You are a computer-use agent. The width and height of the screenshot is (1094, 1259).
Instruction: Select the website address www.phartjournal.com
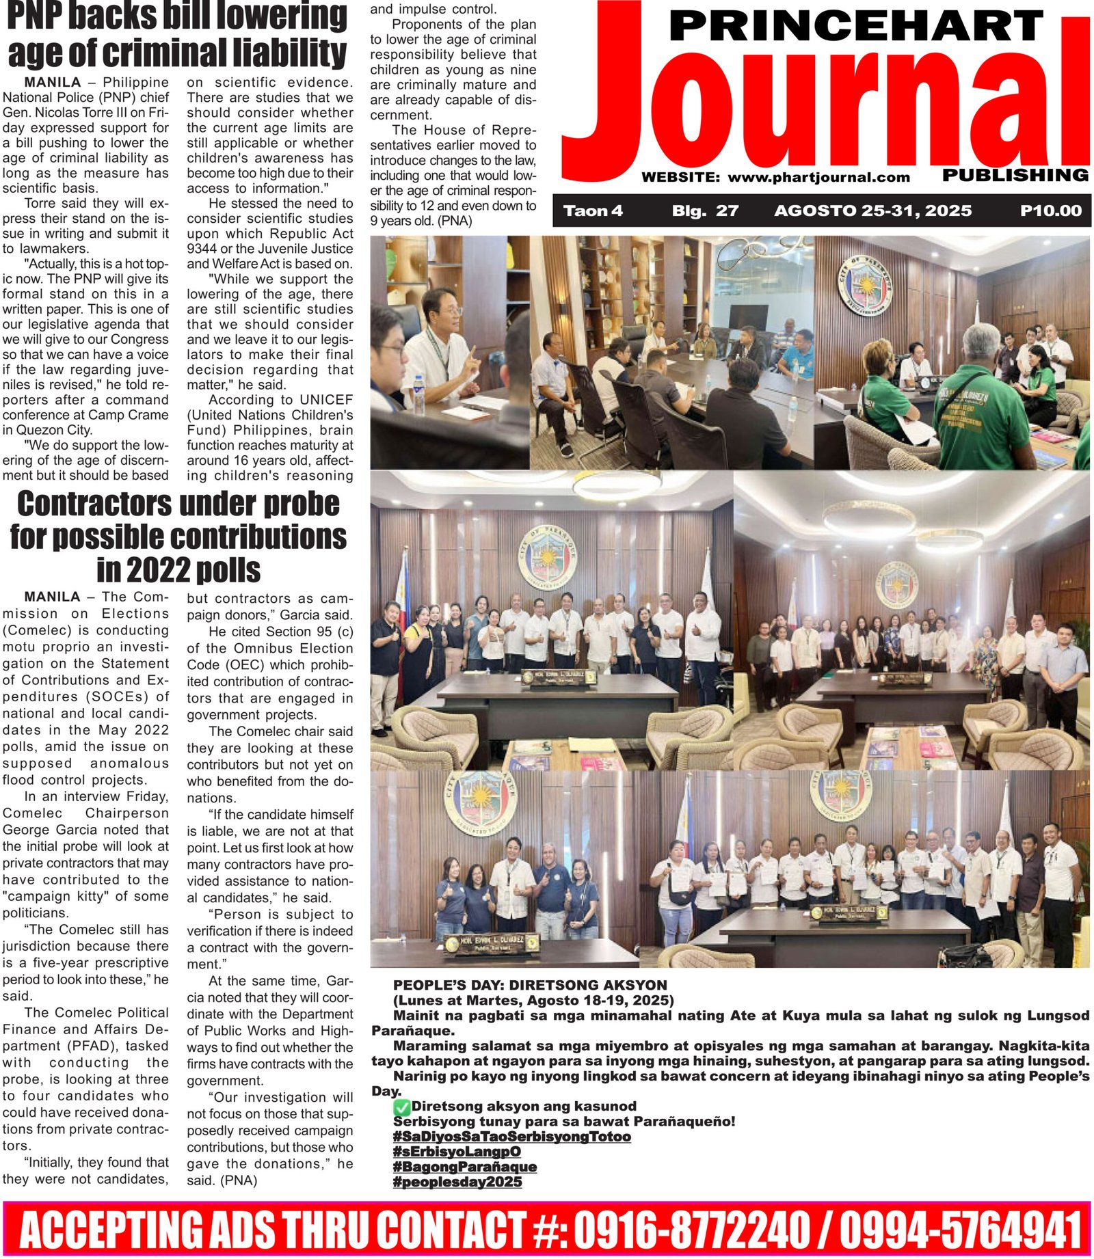(818, 178)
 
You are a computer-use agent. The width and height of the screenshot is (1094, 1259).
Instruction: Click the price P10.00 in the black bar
(1050, 211)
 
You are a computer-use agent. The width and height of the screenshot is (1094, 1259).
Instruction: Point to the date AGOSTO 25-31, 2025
(872, 211)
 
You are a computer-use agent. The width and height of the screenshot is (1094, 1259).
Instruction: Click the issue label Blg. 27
(705, 211)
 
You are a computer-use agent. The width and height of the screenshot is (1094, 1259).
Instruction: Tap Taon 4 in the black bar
(593, 211)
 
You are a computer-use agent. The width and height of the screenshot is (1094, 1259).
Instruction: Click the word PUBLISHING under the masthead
(1015, 176)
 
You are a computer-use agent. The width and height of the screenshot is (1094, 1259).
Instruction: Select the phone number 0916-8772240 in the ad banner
(691, 1230)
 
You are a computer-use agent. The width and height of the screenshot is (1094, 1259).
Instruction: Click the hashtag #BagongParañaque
(464, 1167)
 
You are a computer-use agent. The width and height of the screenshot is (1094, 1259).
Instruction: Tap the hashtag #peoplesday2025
(457, 1182)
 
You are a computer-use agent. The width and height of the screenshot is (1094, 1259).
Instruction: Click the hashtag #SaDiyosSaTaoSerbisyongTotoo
(511, 1137)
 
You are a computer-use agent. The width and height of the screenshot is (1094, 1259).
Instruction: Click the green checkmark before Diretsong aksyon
(402, 1107)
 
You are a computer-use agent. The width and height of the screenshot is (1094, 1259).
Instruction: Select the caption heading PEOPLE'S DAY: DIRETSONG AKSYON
(530, 985)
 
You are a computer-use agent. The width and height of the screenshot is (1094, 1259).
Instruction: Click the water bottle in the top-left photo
(418, 394)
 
